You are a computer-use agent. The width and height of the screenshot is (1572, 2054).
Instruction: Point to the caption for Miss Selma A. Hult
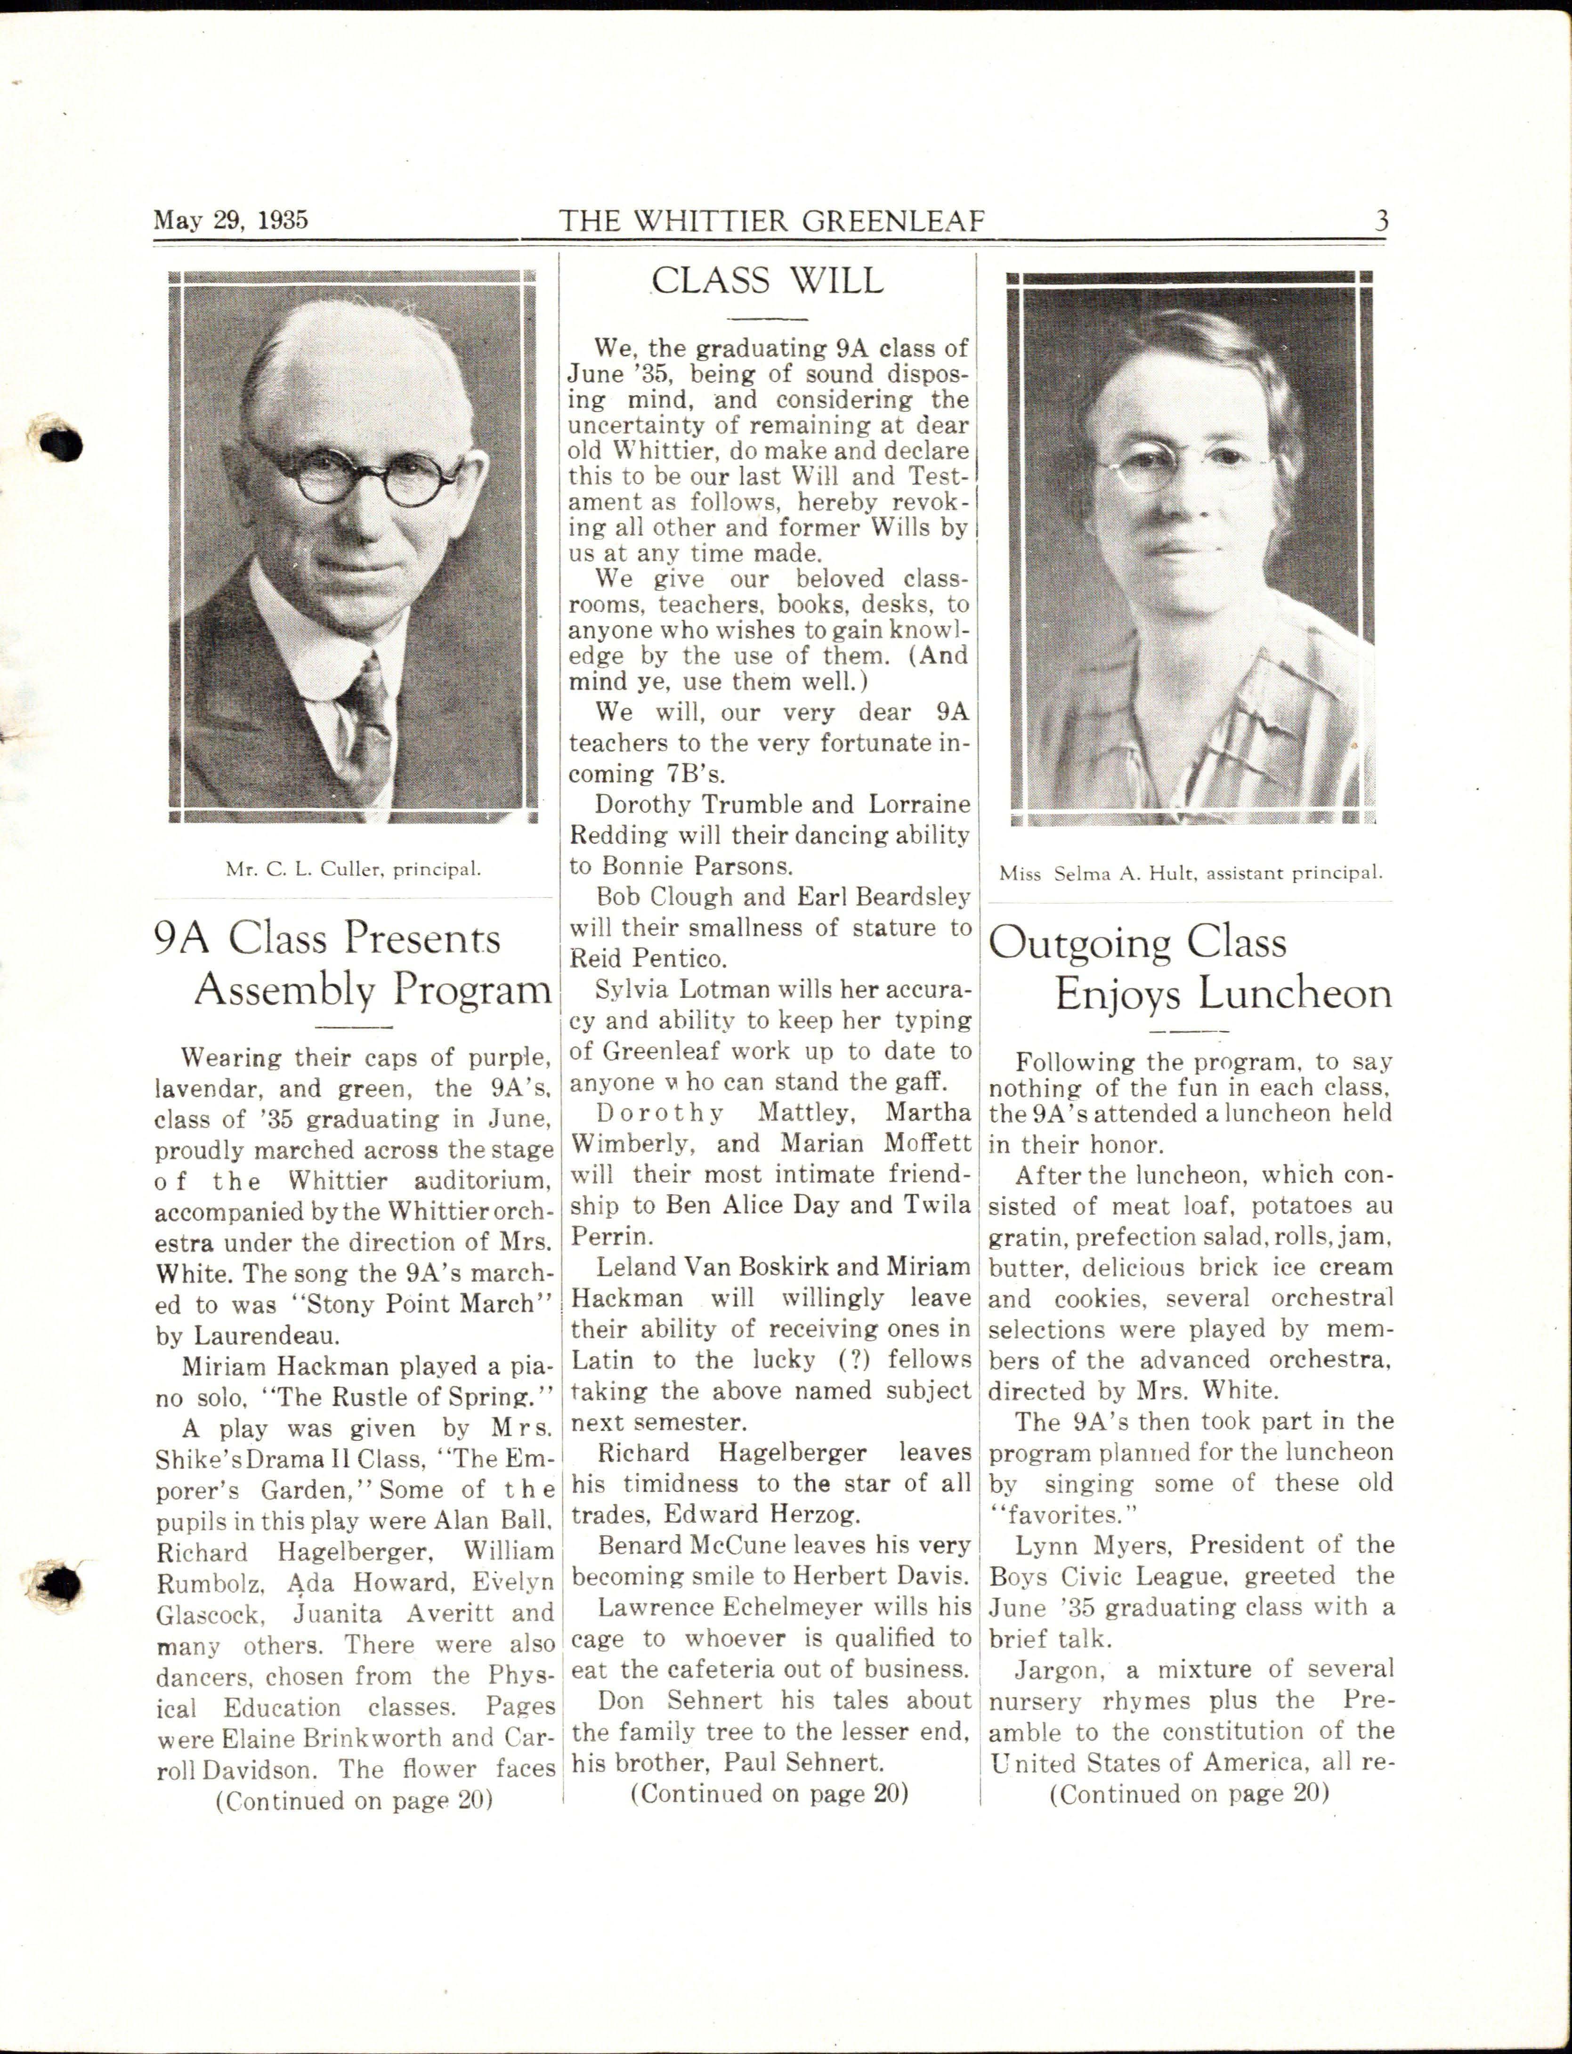[1190, 873]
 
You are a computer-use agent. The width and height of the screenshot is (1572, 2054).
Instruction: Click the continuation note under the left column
[354, 1801]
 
